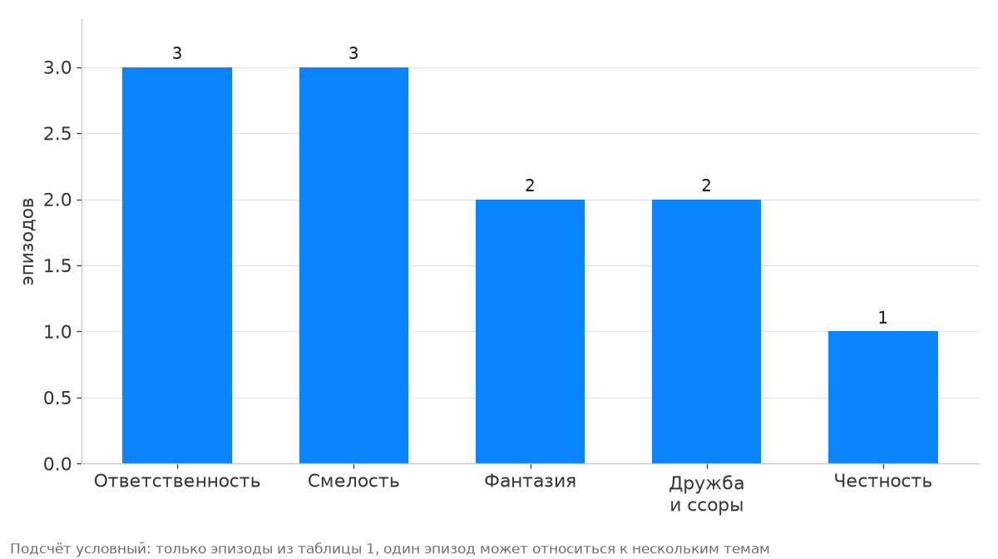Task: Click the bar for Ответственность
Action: click(x=177, y=265)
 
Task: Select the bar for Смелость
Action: click(x=353, y=265)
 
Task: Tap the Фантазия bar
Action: click(x=531, y=332)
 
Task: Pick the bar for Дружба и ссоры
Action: click(x=707, y=332)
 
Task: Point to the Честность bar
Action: click(x=883, y=397)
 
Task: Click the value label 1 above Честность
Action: click(x=882, y=318)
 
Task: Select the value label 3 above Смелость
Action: click(x=353, y=53)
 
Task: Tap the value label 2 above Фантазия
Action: click(x=530, y=186)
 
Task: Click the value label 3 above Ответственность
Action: click(x=177, y=53)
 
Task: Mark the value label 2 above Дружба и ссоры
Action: click(x=706, y=186)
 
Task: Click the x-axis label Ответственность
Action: click(x=177, y=482)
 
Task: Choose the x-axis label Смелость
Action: click(x=353, y=482)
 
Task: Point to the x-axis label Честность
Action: click(x=883, y=482)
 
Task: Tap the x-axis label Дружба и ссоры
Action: click(x=707, y=494)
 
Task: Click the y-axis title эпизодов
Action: click(x=27, y=241)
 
